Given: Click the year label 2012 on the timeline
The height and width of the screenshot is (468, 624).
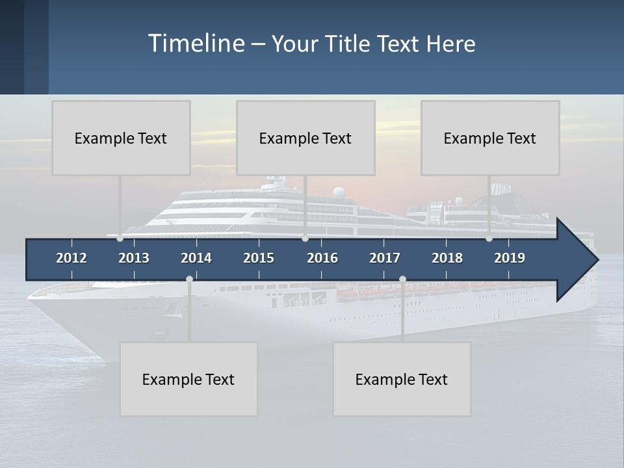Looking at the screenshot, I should [x=71, y=258].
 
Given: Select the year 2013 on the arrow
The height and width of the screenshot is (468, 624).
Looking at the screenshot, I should [x=134, y=258].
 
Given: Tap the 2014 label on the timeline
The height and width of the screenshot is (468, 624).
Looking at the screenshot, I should [x=196, y=258].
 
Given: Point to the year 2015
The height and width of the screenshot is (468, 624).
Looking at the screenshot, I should [x=259, y=258].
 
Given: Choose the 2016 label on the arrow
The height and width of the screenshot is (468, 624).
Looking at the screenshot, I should [x=322, y=258].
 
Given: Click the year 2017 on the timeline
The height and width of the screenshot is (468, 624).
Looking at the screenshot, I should [x=385, y=258].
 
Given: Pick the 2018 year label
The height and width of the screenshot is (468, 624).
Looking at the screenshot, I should [x=447, y=258].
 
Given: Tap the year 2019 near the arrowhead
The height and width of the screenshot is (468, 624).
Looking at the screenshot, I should [x=510, y=258].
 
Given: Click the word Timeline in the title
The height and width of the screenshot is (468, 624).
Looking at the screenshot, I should [x=196, y=44].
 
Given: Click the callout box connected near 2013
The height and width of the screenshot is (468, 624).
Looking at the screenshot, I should [x=121, y=138].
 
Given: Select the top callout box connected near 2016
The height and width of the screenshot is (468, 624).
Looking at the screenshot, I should [x=305, y=138].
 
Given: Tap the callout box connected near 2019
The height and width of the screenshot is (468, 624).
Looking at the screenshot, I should [x=490, y=138].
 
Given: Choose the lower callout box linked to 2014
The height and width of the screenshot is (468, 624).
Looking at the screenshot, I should [x=188, y=379].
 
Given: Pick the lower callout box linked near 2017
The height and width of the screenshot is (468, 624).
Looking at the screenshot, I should [x=402, y=379].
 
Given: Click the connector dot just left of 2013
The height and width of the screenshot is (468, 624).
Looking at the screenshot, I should [x=120, y=239].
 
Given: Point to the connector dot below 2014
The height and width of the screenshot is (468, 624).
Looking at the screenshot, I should [x=189, y=279].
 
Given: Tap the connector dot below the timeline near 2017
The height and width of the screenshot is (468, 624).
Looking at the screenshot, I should [x=402, y=279].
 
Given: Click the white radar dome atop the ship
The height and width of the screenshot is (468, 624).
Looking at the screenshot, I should [x=339, y=192].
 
